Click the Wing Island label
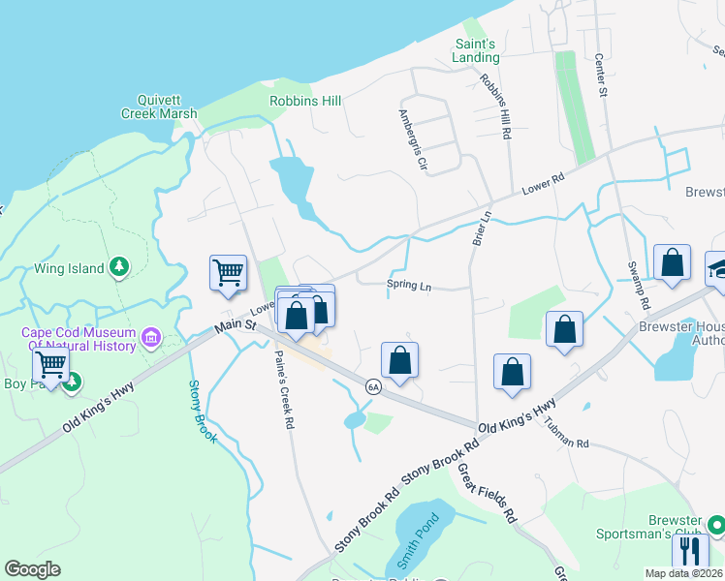(69, 268)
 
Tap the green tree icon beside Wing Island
(119, 265)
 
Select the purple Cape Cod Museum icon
(151, 338)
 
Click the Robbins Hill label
(305, 101)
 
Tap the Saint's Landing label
(476, 50)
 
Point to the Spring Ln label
(409, 286)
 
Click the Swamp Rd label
(638, 286)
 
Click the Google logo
(32, 569)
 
